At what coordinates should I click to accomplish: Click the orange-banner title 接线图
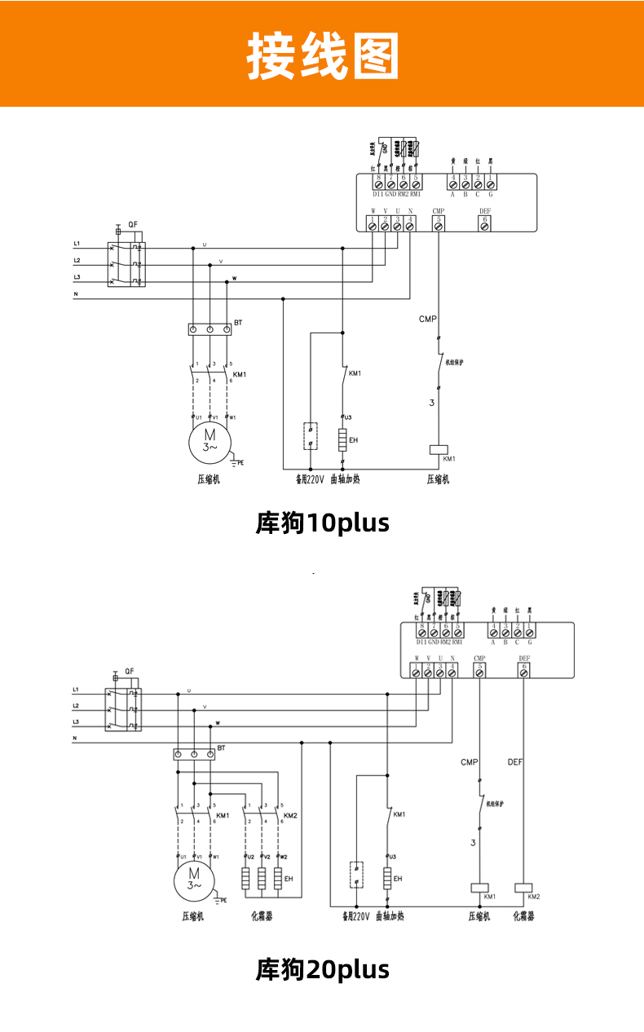point(323,55)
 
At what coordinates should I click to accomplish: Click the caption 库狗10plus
point(323,523)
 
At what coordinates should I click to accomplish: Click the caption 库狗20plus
point(323,970)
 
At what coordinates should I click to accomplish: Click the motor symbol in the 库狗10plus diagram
point(210,441)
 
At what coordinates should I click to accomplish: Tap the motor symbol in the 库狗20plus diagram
point(194,879)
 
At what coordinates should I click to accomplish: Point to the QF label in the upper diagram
point(132,224)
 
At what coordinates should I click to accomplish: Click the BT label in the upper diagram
point(238,323)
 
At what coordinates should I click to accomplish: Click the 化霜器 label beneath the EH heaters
point(262,915)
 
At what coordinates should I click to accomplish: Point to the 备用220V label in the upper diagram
point(310,479)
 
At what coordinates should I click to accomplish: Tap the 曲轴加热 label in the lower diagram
point(390,915)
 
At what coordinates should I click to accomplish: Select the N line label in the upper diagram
point(76,293)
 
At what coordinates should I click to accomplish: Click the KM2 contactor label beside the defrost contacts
point(290,815)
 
